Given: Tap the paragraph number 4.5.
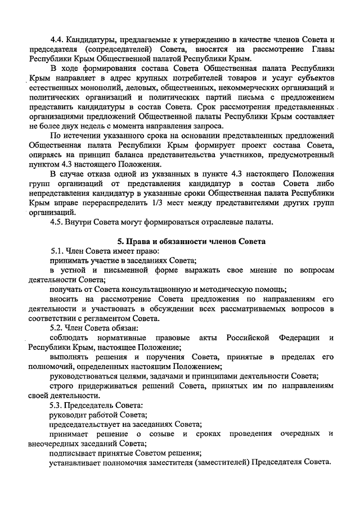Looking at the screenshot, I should coord(57,222).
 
